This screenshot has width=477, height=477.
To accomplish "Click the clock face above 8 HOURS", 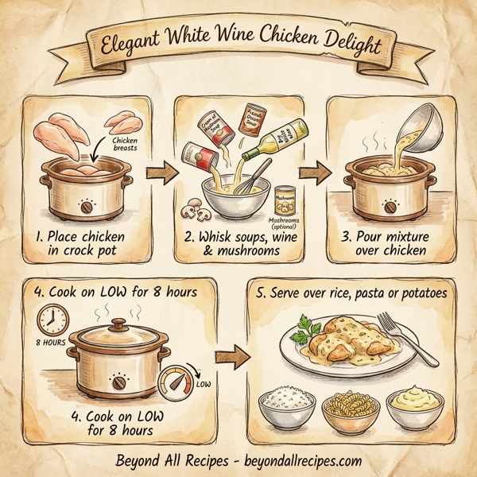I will coord(51,321).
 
